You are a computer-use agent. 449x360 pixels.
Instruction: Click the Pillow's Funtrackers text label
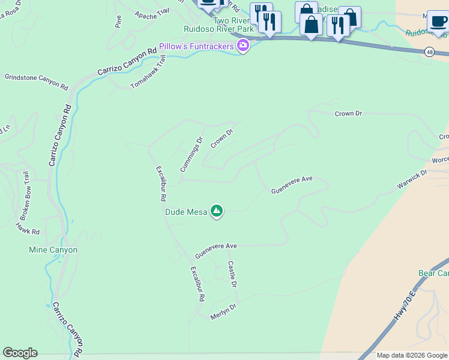coord(197,46)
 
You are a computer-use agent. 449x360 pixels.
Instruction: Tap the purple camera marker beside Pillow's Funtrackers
coord(243,46)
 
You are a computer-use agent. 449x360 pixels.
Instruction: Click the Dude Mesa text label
coord(186,212)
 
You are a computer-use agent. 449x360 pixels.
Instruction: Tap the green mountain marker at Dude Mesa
coord(217,211)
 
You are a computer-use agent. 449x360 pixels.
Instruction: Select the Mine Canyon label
coord(53,250)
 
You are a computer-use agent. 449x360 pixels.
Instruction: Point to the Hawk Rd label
coord(28,229)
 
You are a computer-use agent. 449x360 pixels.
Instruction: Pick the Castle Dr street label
coord(232,274)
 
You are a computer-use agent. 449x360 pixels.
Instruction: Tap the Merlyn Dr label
coord(223,311)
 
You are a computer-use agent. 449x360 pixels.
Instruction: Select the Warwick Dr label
coord(411,181)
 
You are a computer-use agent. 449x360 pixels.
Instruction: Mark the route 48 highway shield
coord(429,52)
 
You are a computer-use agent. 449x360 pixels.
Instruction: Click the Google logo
coord(20,353)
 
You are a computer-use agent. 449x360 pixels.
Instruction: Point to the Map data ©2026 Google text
coord(412,356)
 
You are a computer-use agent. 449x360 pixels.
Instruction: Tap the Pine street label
coord(118,22)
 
